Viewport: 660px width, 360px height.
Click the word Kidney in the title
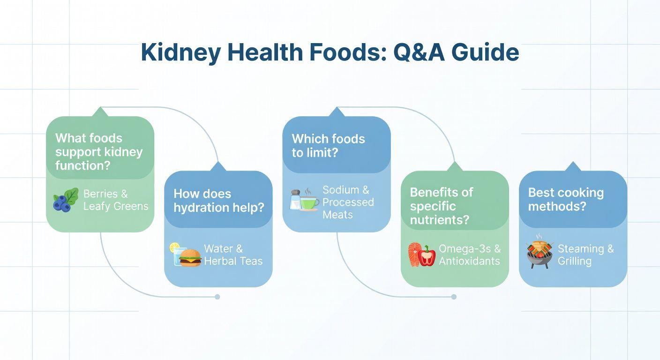(180, 53)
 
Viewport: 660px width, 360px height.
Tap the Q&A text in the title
(419, 52)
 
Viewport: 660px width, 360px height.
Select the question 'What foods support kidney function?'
(99, 152)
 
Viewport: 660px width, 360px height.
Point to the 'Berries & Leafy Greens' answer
(116, 200)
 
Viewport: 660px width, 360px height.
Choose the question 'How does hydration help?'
(218, 200)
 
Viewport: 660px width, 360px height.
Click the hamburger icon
(190, 258)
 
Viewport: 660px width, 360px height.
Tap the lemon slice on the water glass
(174, 247)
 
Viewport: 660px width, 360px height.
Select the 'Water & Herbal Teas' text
(233, 255)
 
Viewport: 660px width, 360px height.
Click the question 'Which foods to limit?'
(328, 145)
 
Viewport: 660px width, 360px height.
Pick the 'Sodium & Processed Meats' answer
(348, 202)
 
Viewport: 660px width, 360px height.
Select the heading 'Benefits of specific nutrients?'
(442, 206)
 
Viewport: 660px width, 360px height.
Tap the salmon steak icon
(414, 255)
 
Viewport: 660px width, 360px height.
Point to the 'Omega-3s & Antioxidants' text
(470, 255)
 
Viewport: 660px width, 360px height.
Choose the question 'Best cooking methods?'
(566, 199)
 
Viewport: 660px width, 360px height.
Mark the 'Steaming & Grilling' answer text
(586, 255)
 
